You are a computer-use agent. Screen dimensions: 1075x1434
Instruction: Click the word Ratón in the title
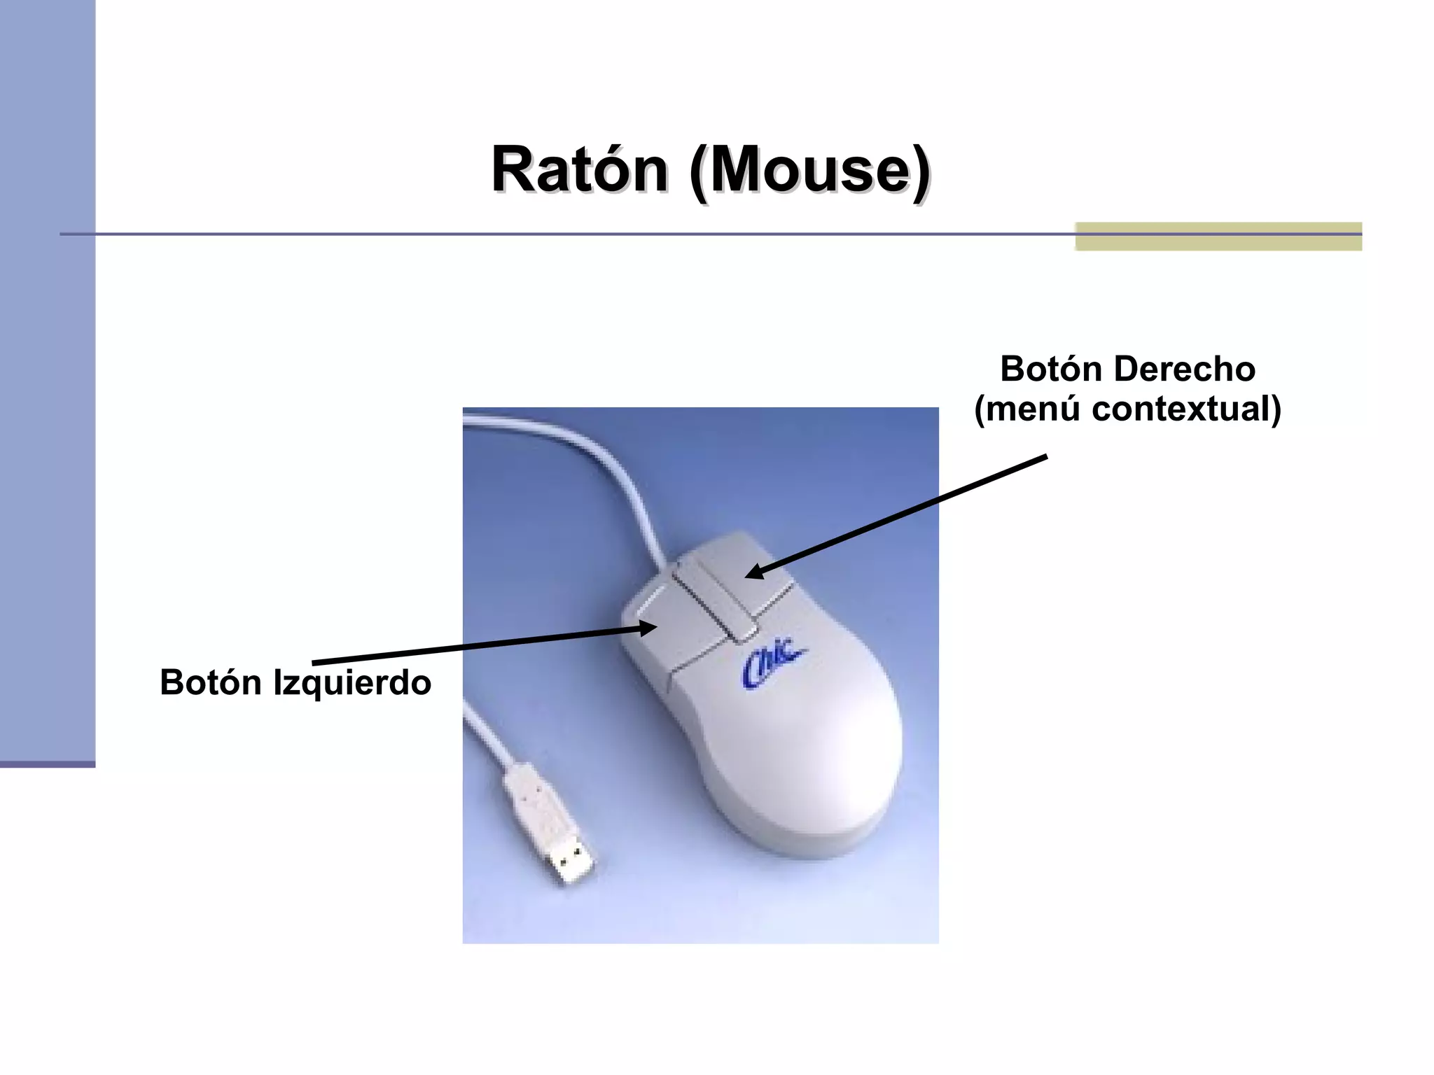[580, 170]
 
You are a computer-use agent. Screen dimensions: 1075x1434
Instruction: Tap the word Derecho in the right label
[1184, 369]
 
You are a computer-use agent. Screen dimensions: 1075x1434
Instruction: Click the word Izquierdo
[351, 682]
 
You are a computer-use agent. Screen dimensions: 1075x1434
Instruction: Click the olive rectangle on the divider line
[1218, 236]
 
